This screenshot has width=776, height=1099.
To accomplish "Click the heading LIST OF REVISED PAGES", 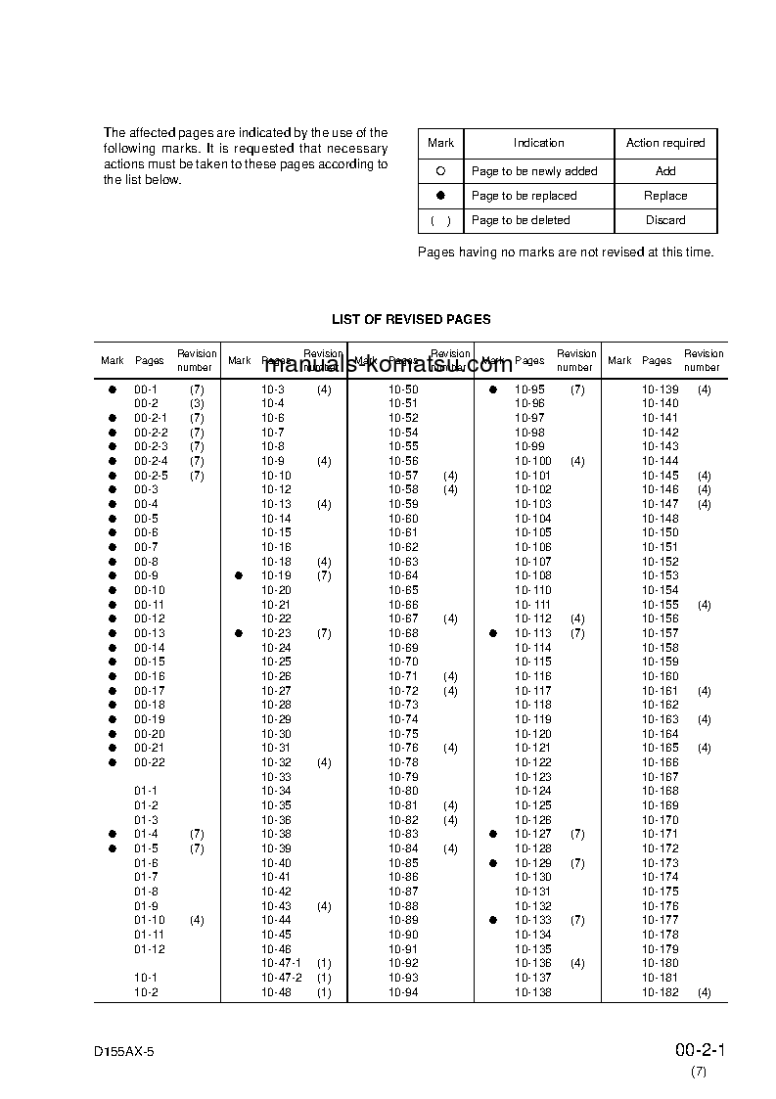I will (411, 319).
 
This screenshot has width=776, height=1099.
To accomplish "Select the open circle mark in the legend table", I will (440, 170).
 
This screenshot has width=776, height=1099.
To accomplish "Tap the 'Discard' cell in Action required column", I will (665, 220).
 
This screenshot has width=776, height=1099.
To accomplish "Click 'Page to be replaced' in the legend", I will (524, 196).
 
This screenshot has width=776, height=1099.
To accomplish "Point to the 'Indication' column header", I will (538, 143).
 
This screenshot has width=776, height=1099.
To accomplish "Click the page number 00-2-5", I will (151, 476).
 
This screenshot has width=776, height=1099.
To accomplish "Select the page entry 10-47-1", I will (281, 963).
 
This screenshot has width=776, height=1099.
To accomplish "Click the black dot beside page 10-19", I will (239, 576).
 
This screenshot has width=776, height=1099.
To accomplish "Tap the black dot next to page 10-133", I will (493, 920).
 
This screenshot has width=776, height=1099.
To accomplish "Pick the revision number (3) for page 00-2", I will (197, 403).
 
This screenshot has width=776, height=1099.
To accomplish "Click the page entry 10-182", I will (660, 992).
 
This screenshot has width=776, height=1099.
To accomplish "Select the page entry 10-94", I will (403, 992).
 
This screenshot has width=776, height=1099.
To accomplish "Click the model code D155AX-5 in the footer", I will (124, 1050).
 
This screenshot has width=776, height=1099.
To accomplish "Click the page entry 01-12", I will (150, 949).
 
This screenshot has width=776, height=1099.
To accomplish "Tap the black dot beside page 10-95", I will (493, 389).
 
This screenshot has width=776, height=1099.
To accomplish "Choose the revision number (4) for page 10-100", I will (577, 461).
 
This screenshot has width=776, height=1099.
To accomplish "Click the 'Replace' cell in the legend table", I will (665, 196).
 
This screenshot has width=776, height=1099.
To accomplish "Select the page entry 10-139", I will (660, 389).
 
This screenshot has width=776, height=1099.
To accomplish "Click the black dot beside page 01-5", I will (113, 848).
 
